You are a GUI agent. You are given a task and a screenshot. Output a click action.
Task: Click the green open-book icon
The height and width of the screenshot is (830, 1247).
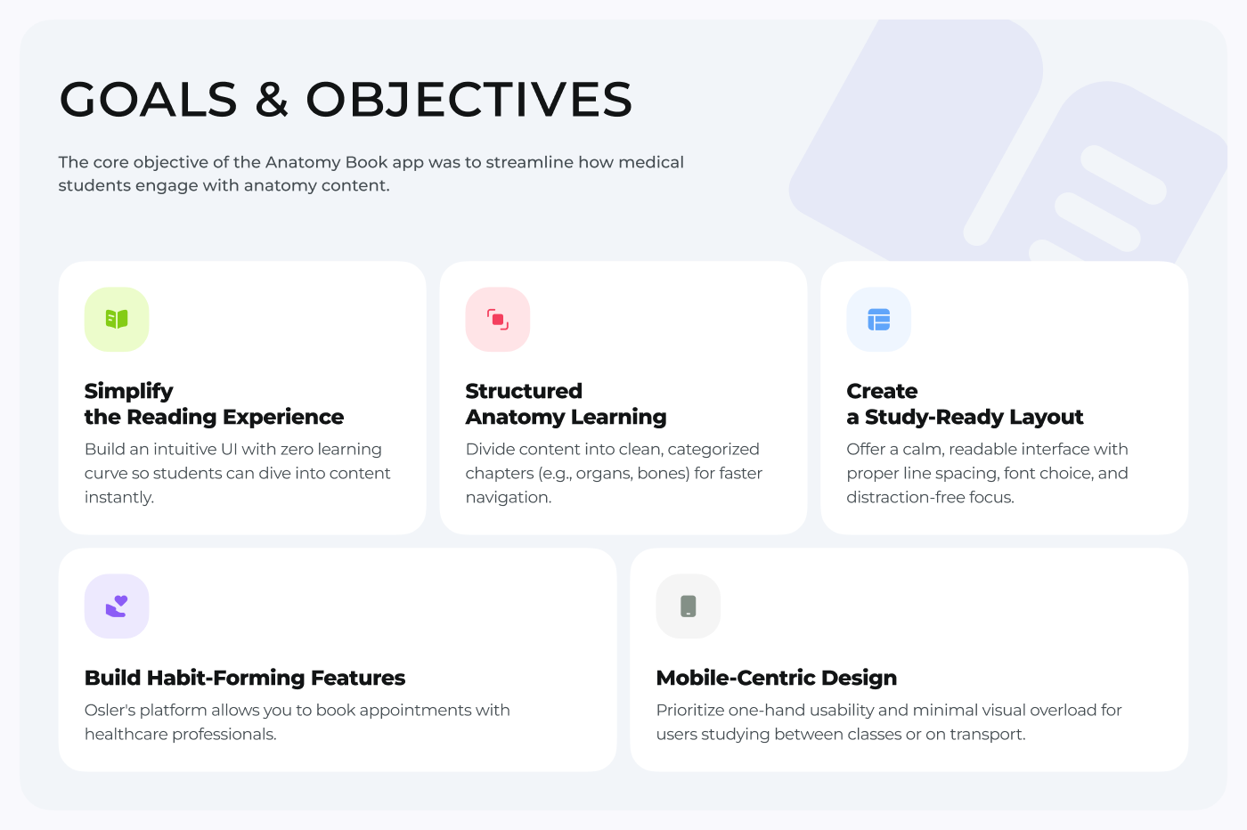[117, 319]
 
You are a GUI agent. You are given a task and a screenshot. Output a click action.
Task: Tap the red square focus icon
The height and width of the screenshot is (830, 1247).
[498, 320]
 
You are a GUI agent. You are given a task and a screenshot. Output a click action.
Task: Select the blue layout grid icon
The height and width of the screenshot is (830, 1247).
[879, 320]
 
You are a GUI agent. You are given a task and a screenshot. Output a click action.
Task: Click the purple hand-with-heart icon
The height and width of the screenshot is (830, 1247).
[117, 606]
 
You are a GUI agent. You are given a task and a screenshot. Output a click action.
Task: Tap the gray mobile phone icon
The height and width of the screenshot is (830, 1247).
[689, 606]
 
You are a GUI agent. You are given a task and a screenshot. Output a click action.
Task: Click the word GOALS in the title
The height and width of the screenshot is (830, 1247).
[149, 99]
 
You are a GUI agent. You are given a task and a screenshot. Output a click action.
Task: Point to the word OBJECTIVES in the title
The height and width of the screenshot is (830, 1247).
[469, 99]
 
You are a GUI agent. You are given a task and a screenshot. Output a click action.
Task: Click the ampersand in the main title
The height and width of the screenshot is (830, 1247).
[272, 99]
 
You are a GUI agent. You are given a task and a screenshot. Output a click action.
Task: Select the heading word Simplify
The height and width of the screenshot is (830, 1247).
[129, 391]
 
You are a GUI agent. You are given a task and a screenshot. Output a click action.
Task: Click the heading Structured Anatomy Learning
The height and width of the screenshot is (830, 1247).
[566, 404]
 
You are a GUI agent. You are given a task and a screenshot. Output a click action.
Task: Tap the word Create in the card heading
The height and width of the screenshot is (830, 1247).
[882, 391]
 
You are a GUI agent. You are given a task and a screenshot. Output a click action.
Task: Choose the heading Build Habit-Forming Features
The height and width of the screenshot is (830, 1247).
[245, 678]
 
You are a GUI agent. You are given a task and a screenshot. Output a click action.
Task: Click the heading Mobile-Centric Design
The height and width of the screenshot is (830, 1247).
[777, 678]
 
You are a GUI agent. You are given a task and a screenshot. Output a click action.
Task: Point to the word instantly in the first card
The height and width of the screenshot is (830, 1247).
[119, 497]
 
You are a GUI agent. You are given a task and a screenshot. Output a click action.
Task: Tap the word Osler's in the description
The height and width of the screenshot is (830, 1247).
[110, 710]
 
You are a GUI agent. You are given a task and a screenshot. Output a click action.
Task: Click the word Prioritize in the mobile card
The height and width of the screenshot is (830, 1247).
[690, 710]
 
